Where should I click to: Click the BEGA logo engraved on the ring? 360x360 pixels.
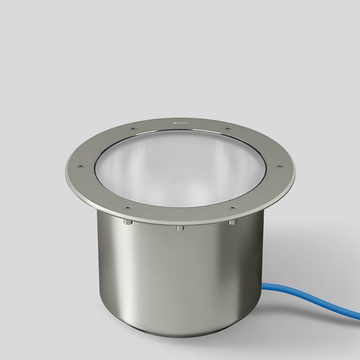tap(180, 125)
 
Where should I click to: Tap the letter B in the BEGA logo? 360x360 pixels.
tap(175, 125)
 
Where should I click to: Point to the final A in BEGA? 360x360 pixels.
tap(185, 125)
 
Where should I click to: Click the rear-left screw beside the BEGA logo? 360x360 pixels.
tap(132, 129)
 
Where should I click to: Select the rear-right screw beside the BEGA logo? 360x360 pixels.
tap(228, 129)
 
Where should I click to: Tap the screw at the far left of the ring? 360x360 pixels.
tap(80, 165)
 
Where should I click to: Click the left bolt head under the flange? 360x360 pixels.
tap(127, 223)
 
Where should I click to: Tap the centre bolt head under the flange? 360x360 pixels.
tap(180, 228)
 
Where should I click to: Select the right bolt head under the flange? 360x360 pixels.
tap(232, 223)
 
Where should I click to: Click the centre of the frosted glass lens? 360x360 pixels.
tap(180, 169)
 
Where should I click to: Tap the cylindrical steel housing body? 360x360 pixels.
tap(159, 275)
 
